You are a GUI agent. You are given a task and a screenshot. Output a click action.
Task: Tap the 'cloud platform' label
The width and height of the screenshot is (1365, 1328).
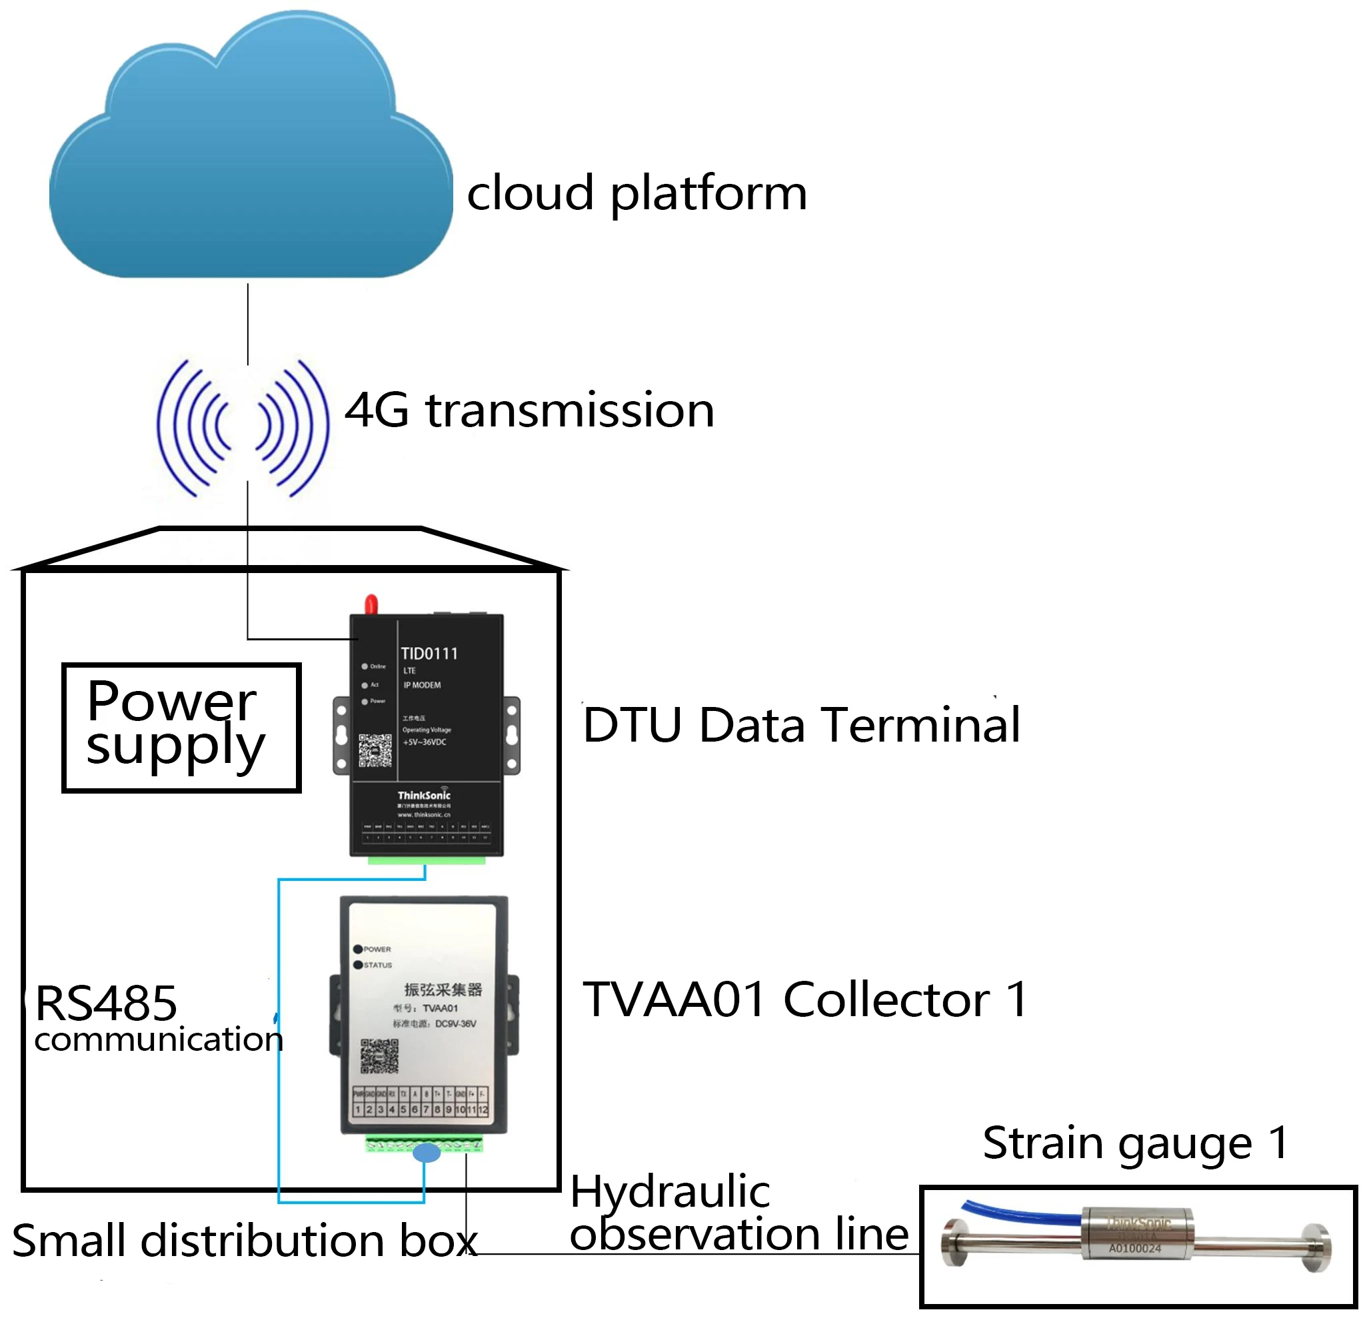coord(636,193)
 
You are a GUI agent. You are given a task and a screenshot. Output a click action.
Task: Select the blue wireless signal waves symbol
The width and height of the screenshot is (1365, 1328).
coord(243,427)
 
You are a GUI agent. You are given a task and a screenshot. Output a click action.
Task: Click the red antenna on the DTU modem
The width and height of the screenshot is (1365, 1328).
coord(371,604)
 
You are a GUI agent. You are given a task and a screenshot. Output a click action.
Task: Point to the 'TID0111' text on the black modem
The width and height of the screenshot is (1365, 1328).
coord(429,654)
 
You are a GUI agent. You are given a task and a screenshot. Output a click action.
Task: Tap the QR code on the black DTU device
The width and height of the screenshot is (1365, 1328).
coord(375,750)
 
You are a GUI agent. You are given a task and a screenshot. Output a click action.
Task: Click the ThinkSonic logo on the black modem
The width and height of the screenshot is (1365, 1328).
coord(424,795)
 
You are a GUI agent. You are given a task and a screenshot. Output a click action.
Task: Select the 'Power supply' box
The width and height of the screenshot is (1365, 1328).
coord(181,727)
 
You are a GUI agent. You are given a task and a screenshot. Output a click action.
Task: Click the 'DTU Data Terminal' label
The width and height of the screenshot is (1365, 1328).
coord(800,726)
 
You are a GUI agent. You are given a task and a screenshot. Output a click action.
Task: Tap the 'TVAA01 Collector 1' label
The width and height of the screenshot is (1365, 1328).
coord(804,999)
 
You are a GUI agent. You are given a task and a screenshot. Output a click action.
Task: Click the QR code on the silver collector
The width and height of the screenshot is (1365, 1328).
coord(379,1056)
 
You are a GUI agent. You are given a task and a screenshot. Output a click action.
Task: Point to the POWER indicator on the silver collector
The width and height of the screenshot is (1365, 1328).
coord(359,949)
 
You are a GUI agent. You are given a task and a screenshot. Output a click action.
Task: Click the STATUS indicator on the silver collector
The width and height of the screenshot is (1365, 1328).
coord(359,965)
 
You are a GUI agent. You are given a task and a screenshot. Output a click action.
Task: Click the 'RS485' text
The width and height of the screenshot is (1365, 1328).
coord(106,1003)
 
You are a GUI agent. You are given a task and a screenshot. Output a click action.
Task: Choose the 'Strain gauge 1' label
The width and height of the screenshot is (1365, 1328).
coord(1135,1143)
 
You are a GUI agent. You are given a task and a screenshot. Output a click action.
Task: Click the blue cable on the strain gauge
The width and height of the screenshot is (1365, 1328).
coord(1018,1213)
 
